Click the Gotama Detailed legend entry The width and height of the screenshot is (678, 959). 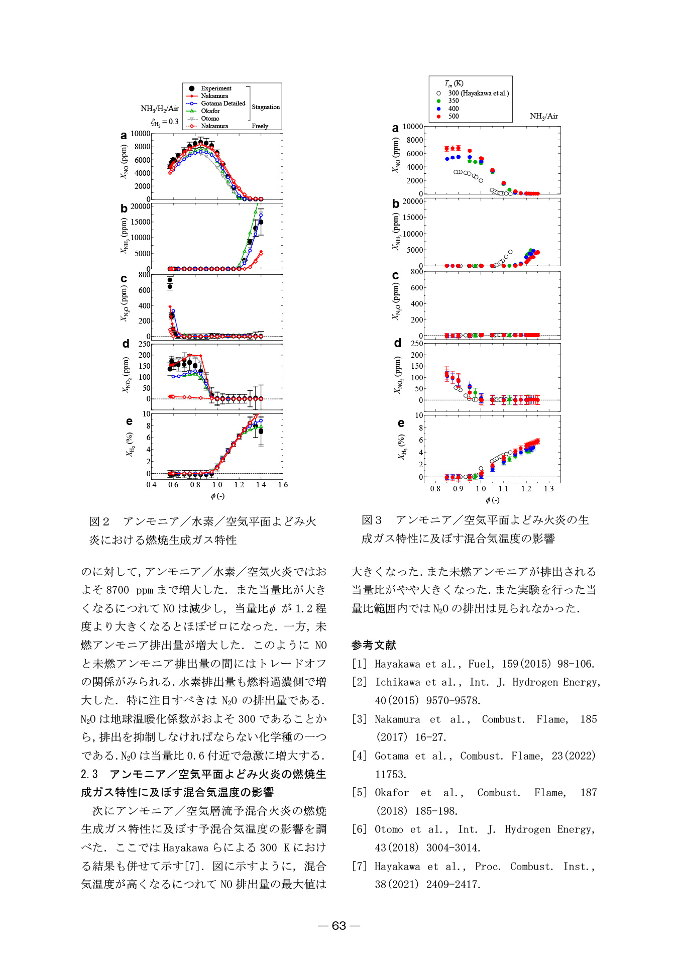coord(223,103)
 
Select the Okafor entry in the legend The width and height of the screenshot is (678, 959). coord(210,111)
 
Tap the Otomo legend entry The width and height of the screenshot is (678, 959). coord(210,119)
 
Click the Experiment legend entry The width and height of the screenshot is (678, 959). coord(216,88)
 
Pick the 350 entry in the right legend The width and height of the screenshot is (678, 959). coord(454,100)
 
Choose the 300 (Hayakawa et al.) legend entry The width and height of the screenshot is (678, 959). coord(478,93)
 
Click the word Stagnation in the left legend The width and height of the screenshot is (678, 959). coord(266,107)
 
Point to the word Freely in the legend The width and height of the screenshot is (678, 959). coord(260,126)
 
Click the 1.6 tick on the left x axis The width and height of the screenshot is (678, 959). coord(283,485)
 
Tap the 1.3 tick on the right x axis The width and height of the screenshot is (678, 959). coord(548,489)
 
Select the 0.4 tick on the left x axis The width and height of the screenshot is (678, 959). coord(151,485)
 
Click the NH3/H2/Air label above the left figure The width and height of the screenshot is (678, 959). coord(160,109)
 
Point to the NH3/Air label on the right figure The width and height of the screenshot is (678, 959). coord(544,116)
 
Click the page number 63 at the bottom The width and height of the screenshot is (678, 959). coord(339,925)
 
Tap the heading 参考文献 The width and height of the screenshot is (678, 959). coord(374,645)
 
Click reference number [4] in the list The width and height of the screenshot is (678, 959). coord(360,756)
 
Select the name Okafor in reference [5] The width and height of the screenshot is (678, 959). coord(392,792)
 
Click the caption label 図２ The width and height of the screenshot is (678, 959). coord(99,521)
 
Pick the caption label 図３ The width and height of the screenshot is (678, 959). coord(372,520)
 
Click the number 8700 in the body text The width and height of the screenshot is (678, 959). coord(118,590)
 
